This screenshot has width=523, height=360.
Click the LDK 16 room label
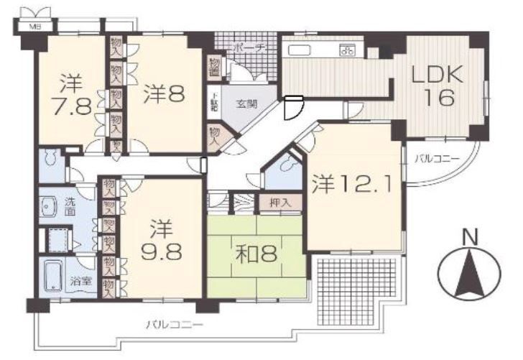point(438,86)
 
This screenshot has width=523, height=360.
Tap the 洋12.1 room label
point(351,185)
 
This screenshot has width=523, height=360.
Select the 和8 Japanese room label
point(255,253)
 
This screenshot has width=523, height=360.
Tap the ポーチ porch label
point(251,47)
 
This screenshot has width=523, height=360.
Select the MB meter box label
point(34,27)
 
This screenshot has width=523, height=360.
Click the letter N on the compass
point(470,236)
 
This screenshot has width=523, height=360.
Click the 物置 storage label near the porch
point(214,66)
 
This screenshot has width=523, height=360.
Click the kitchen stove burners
point(349,50)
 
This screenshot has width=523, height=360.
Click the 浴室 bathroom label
point(79,282)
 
